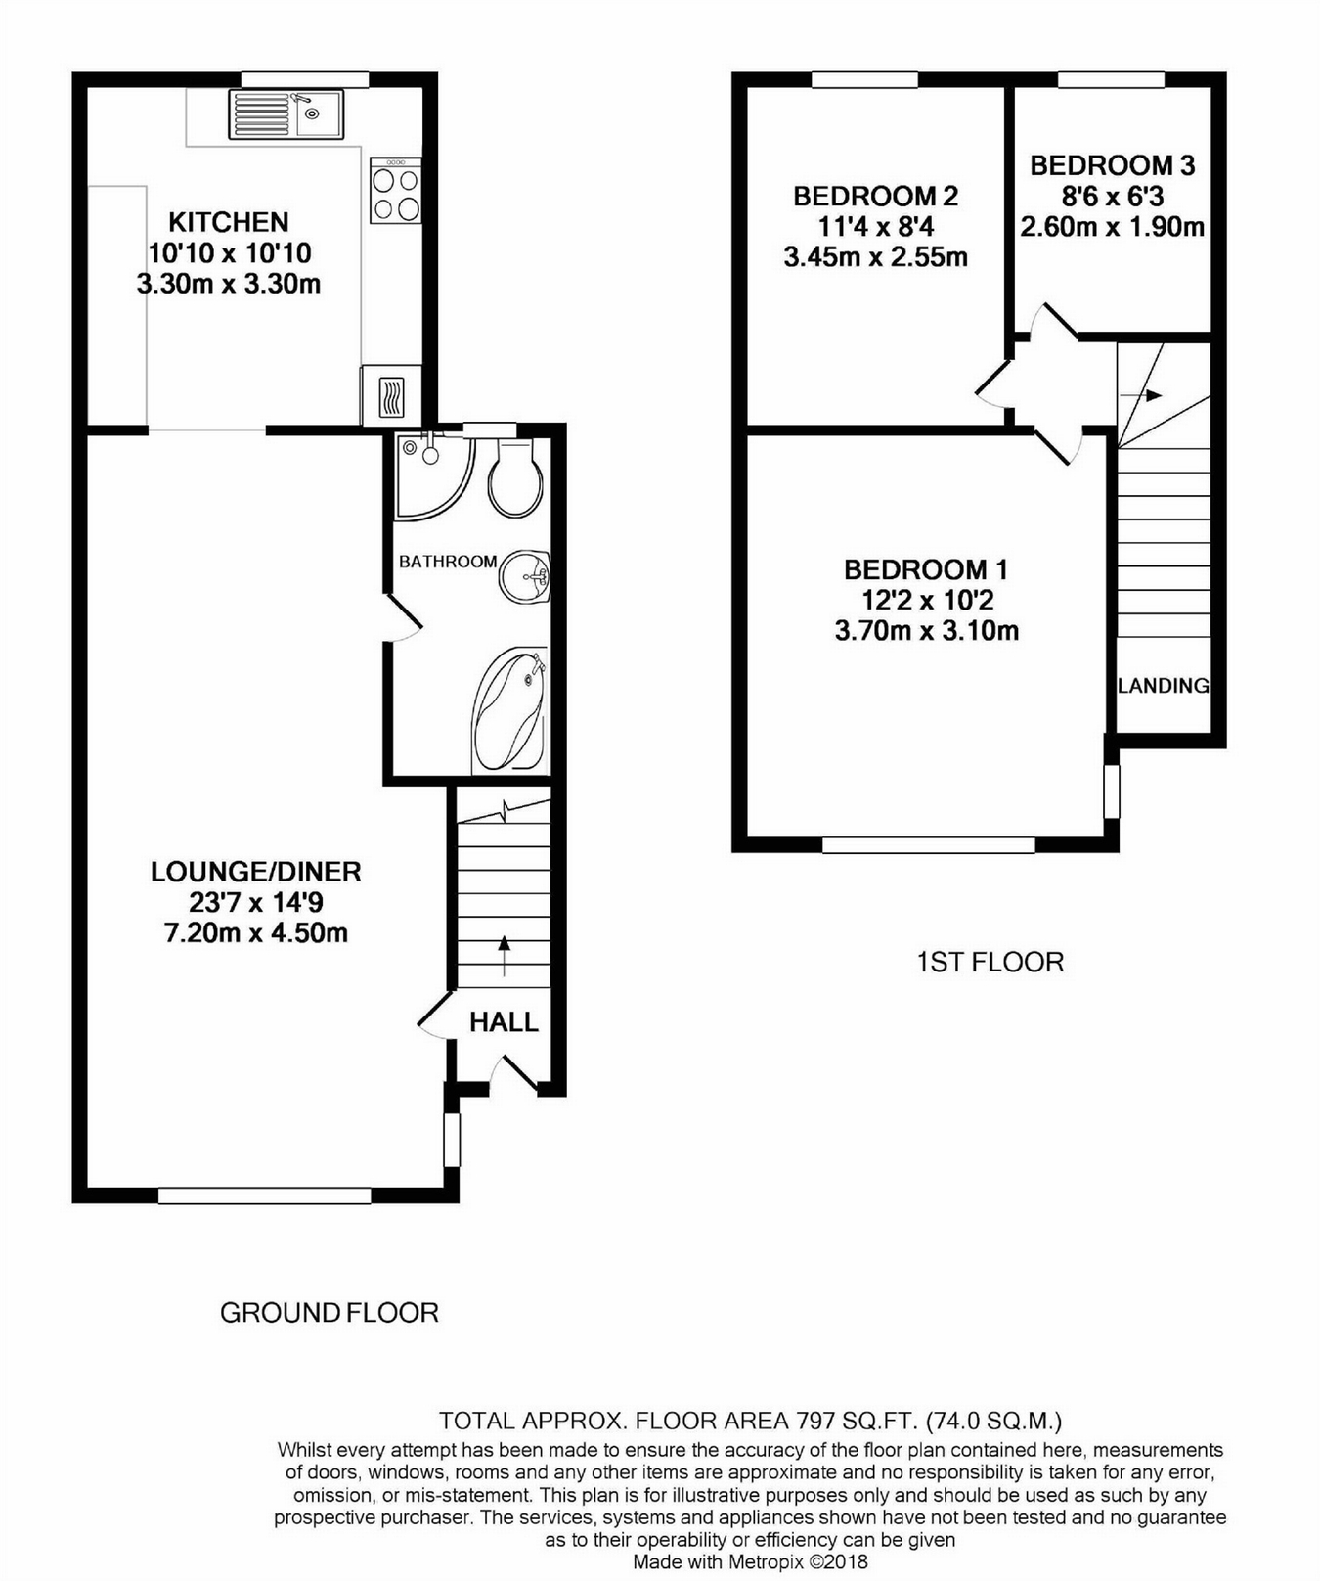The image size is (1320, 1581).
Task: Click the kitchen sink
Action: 286,114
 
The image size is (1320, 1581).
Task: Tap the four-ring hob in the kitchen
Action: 396,194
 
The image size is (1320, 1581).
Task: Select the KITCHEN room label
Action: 228,222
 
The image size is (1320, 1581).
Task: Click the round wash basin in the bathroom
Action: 525,576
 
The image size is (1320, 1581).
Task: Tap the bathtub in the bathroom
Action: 508,712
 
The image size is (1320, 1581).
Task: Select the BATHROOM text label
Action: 448,562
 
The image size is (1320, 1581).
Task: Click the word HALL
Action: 504,1022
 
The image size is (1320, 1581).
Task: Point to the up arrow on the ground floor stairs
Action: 505,955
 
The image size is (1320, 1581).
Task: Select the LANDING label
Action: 1163,686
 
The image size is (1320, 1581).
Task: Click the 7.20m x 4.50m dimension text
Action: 255,932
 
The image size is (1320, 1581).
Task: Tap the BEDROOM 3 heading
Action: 1112,165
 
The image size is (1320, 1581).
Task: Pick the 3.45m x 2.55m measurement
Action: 875,257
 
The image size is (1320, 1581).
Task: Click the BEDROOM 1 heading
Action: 925,569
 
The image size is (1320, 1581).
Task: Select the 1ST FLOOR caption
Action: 990,963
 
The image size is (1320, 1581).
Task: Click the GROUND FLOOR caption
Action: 329,1313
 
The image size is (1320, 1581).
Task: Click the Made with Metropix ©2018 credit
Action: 750,1562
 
